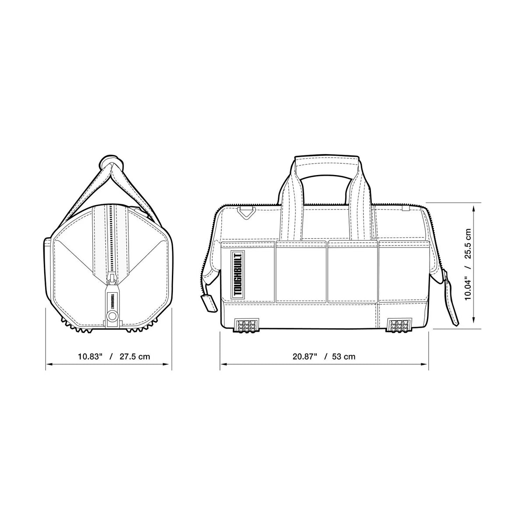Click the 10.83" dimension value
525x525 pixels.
(x=90, y=357)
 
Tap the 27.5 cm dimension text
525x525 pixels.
(x=135, y=357)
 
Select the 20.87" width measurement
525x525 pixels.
(x=305, y=357)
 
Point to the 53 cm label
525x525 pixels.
(x=343, y=357)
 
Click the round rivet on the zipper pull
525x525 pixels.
(x=112, y=315)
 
